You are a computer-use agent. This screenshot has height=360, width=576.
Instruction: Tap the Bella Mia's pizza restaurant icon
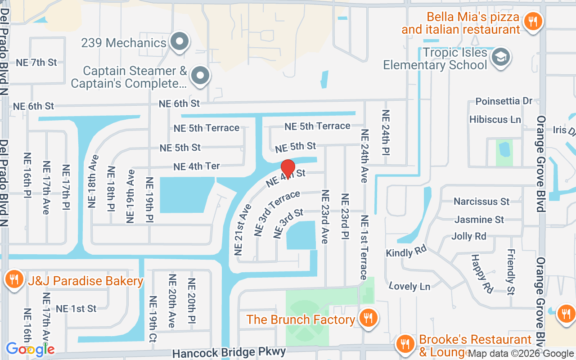tap(533, 21)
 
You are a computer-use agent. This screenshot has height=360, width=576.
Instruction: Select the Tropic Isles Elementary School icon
tap(500, 58)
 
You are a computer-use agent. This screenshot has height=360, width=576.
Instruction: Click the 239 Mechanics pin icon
tap(180, 42)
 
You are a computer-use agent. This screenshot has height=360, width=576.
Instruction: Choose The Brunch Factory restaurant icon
tap(369, 318)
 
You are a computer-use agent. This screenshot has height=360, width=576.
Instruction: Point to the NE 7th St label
tap(36, 63)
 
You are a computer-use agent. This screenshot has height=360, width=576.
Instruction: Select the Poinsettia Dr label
tap(504, 101)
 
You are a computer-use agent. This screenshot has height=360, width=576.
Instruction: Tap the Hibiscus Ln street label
tap(495, 120)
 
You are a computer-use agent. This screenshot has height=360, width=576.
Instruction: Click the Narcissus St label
tap(481, 201)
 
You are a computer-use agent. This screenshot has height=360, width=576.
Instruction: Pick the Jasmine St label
tap(479, 220)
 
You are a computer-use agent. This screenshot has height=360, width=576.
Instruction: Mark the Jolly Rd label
tap(469, 236)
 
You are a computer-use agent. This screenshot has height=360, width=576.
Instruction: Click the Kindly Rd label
tap(406, 252)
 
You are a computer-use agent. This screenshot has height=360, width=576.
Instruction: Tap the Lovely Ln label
tap(409, 286)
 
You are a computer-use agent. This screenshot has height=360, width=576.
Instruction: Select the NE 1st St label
tap(76, 309)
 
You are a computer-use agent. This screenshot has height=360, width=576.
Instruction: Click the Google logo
tap(30, 349)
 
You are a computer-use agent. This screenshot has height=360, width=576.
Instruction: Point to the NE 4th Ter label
tap(197, 166)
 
